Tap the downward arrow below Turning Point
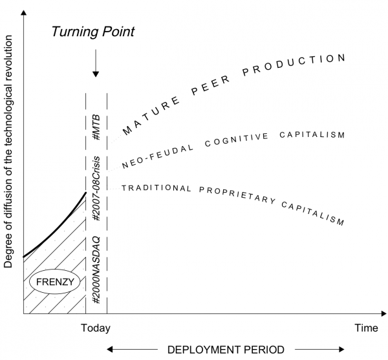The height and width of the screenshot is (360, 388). click(96, 65)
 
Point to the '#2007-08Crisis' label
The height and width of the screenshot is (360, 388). click(96, 187)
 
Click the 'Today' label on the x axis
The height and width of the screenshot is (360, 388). click(96, 328)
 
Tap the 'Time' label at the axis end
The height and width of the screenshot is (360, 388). click(366, 328)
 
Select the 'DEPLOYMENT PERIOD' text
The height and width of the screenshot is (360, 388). click(225, 350)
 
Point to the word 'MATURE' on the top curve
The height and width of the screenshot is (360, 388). click(144, 118)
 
